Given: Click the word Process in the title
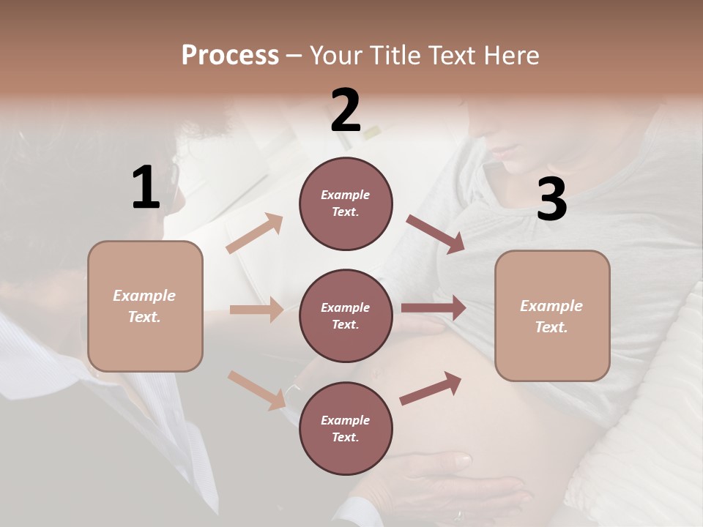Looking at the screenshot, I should click(230, 55).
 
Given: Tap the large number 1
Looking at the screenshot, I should click(146, 188).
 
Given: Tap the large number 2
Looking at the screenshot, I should click(346, 111).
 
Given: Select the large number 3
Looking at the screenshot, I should click(551, 200).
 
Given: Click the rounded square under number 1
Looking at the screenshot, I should click(145, 306).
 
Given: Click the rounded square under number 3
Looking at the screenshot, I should click(552, 316).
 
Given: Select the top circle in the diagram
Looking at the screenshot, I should click(346, 203).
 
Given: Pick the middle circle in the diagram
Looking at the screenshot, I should click(346, 315).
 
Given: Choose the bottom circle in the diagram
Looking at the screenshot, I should click(346, 428).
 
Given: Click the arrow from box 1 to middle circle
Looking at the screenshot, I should click(257, 310).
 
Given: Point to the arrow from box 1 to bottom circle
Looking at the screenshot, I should click(256, 390).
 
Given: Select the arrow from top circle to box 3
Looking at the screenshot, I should click(435, 234).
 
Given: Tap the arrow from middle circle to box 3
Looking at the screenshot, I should click(434, 308).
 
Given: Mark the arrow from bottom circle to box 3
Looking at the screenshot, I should click(431, 389).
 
